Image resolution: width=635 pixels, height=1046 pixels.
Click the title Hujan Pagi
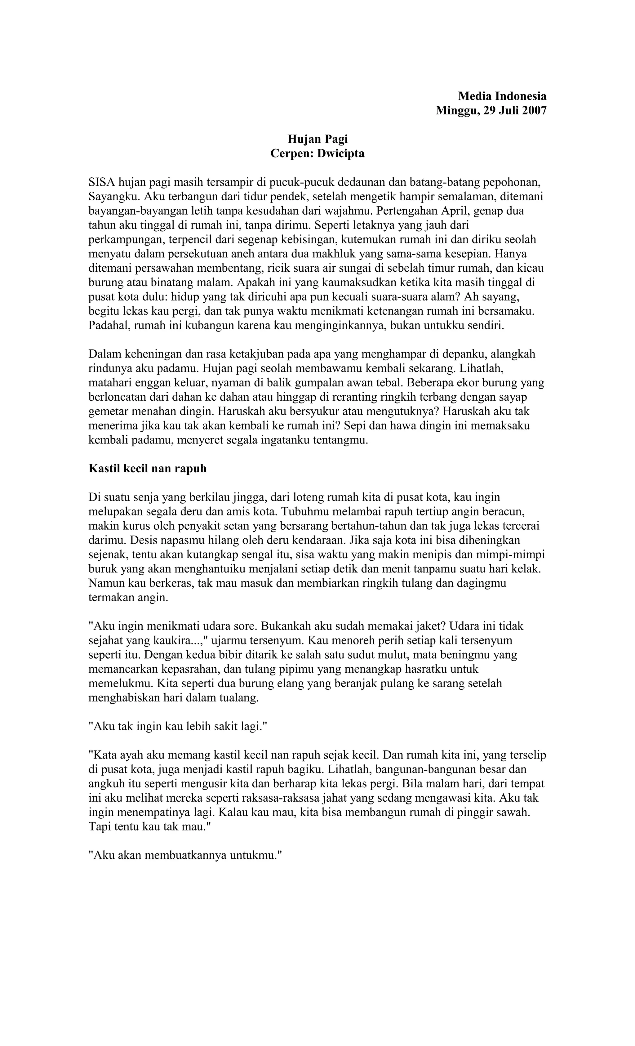click(317, 139)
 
